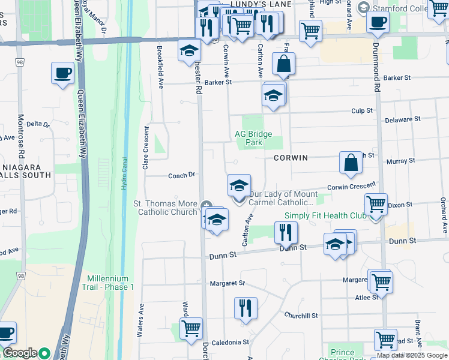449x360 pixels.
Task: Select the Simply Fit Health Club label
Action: coord(325,216)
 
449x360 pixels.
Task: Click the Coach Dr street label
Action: coord(182,175)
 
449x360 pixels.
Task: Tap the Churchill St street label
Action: coord(301,316)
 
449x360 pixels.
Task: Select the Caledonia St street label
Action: coord(229,342)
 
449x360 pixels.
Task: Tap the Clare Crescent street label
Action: coord(146,148)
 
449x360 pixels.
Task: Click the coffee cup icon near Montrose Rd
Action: coord(62,74)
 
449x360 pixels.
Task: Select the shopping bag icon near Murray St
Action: coord(351,163)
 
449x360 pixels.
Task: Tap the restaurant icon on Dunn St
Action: coord(286,232)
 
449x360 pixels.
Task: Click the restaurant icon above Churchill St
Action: coord(246,308)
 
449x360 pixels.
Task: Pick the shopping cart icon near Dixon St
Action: coord(376,205)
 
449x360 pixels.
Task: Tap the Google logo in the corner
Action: coord(20,353)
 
